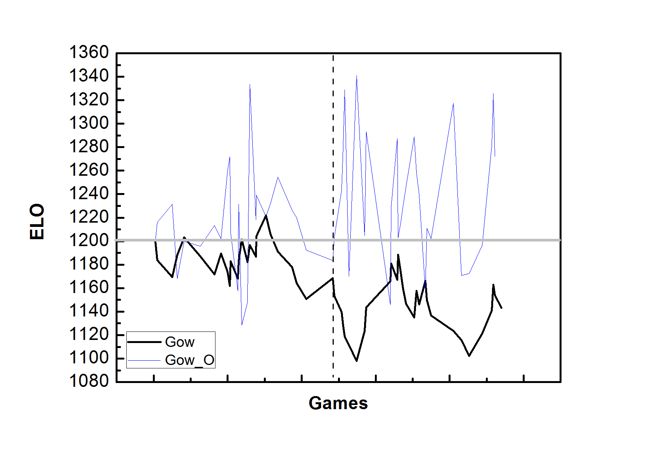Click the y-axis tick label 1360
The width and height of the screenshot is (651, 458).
pos(89,53)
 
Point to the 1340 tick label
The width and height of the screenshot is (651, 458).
pos(89,76)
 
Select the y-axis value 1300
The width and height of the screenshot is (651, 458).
pos(89,123)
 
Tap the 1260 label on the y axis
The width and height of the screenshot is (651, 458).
pos(89,170)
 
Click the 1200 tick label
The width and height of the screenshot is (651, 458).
pos(89,241)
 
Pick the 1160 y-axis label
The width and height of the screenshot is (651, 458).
pos(89,288)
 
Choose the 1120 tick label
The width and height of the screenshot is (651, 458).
pos(89,335)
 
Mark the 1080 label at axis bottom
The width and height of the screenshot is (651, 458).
pos(89,381)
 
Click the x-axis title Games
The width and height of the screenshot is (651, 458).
pos(338,403)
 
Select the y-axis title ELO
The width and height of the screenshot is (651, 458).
pos(37,222)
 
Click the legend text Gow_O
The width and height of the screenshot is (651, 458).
pos(189,360)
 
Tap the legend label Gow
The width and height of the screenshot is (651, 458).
pos(180,342)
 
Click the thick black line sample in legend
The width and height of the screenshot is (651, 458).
pos(144,342)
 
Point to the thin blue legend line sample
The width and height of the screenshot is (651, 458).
pos(144,360)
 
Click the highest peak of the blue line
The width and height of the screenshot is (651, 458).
pos(357,76)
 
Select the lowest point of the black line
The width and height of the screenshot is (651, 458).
pos(357,361)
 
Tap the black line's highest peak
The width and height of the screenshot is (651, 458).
pos(266,215)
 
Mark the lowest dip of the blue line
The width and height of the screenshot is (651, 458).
pos(242,325)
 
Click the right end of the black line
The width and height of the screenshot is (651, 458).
pos(501,308)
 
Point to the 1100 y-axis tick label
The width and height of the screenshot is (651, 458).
pos(89,358)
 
